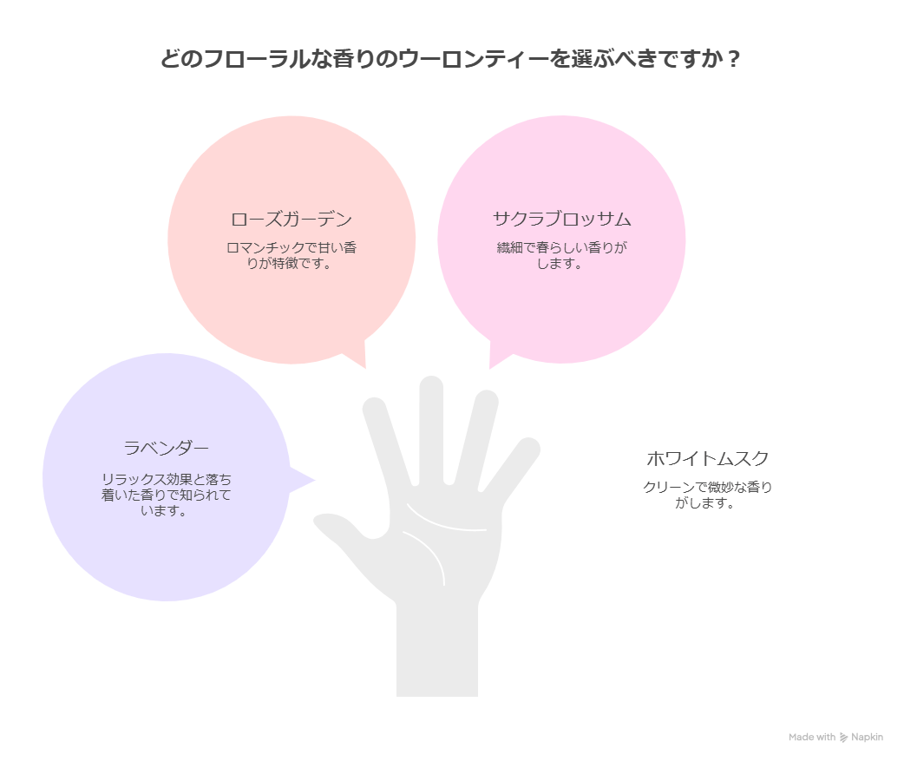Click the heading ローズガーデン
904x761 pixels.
(x=292, y=220)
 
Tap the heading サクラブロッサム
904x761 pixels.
(x=561, y=219)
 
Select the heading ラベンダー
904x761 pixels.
(x=166, y=448)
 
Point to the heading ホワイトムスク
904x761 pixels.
(x=707, y=459)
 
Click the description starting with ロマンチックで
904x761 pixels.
(x=292, y=255)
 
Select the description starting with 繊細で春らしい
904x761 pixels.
(x=561, y=255)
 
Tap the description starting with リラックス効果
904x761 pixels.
(x=166, y=495)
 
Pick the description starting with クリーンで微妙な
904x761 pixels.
(x=707, y=495)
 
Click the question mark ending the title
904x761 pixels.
(x=733, y=59)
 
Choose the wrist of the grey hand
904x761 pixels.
(x=437, y=652)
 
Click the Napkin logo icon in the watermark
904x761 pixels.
(x=843, y=738)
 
